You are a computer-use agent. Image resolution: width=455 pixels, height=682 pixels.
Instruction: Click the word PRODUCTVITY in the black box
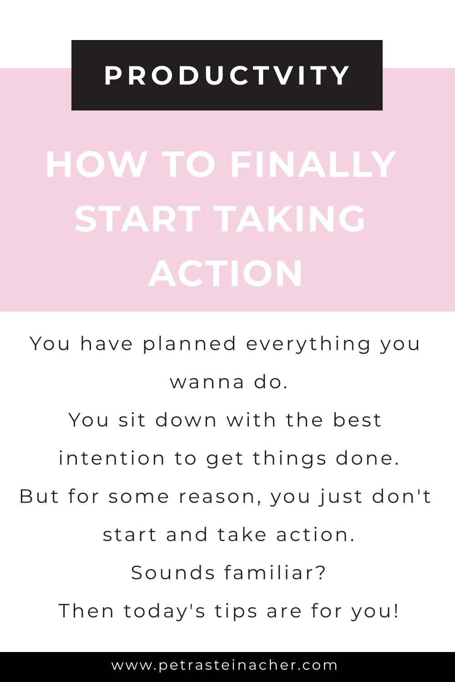tap(227, 75)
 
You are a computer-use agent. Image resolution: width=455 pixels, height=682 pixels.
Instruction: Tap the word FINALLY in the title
tap(313, 165)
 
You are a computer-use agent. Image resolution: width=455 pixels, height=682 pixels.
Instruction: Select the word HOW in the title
tap(96, 165)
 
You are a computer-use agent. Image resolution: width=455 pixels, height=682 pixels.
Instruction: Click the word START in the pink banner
tap(137, 219)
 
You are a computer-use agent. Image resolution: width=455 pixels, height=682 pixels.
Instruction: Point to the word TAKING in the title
tap(292, 219)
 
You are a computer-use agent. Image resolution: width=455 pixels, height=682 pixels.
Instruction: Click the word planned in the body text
tap(190, 344)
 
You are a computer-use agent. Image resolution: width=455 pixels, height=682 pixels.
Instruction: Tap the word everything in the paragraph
tap(308, 344)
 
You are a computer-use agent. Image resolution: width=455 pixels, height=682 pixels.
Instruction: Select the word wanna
tap(207, 382)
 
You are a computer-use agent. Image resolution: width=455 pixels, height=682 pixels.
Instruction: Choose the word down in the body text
tap(186, 420)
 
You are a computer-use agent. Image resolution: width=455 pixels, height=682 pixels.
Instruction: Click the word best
tap(357, 420)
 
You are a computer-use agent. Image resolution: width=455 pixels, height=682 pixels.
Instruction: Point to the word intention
tap(111, 458)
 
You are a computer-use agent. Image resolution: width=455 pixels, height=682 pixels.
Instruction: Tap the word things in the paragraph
tap(290, 459)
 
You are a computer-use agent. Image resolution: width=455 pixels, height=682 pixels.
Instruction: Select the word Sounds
tap(173, 572)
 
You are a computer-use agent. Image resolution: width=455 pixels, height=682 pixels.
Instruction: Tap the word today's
tap(165, 611)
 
